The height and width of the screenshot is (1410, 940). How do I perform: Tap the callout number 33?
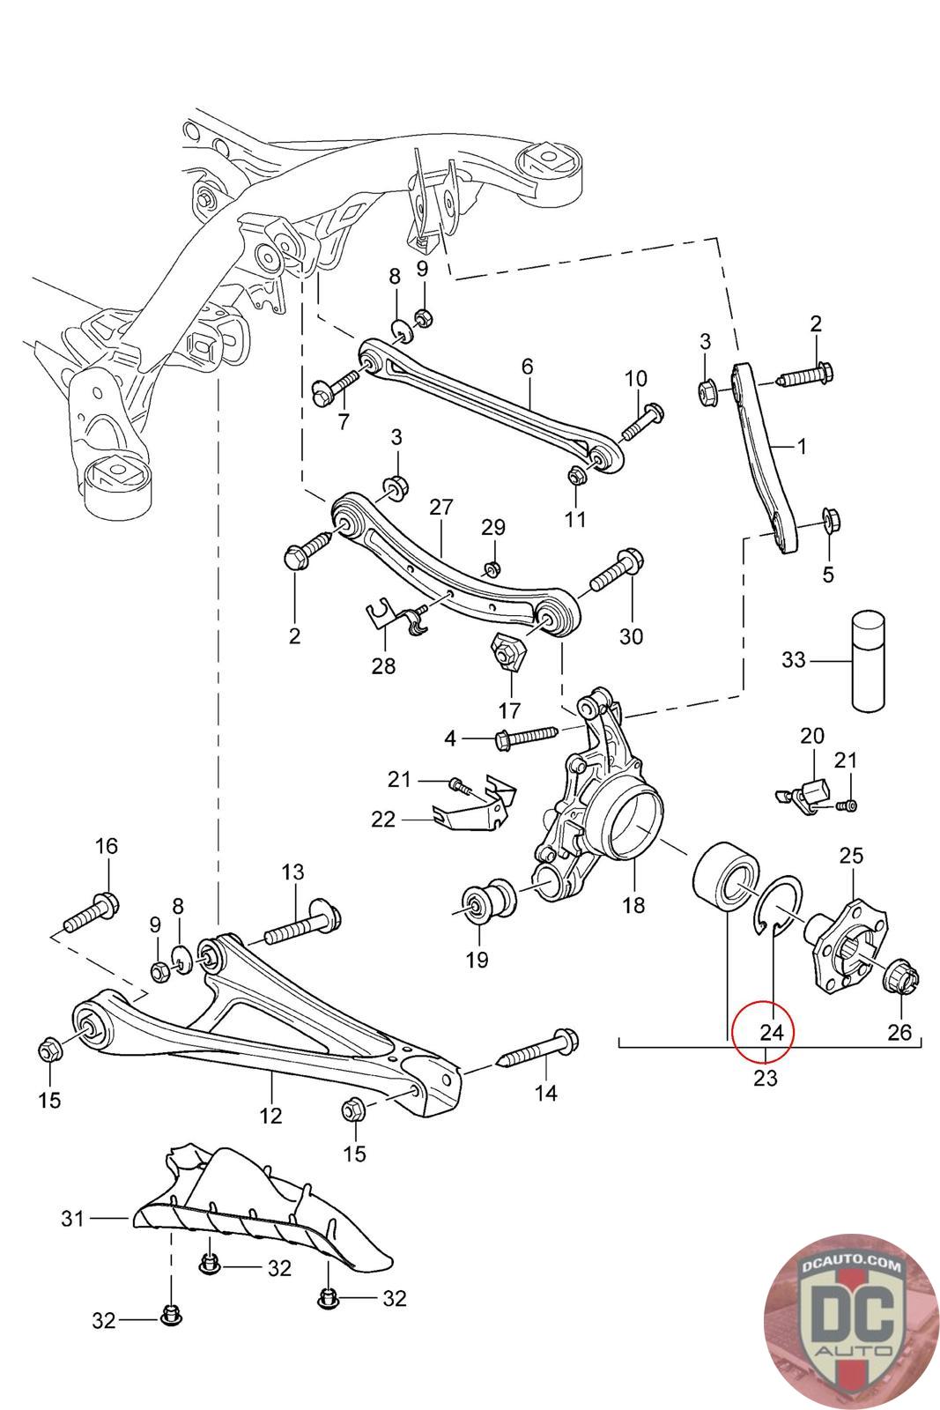pyautogui.click(x=794, y=660)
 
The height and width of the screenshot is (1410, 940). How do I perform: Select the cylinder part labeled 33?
pyautogui.click(x=869, y=661)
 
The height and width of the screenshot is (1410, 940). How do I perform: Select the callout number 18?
pyautogui.click(x=633, y=904)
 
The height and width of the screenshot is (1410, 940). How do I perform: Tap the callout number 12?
pyautogui.click(x=270, y=1116)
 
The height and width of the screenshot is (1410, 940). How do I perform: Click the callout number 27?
pyautogui.click(x=441, y=507)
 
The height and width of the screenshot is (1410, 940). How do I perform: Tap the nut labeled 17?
pyautogui.click(x=507, y=653)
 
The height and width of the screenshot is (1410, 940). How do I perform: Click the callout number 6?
pyautogui.click(x=527, y=366)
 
